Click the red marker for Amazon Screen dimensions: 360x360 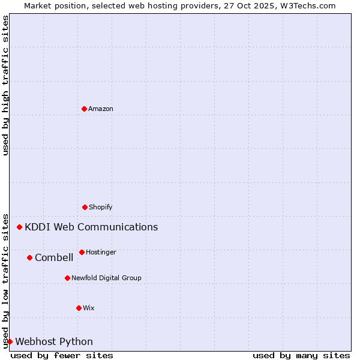84,109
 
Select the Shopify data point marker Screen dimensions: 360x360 85,207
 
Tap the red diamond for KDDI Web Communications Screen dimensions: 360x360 20,227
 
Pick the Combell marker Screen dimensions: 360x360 29,257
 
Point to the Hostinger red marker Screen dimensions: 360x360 82,252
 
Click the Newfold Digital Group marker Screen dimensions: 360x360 67,278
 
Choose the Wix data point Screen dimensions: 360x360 79,308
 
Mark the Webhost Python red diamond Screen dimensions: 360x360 10,341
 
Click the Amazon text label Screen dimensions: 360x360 101,109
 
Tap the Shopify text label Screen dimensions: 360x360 101,207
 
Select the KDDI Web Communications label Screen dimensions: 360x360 91,227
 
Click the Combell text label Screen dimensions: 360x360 54,257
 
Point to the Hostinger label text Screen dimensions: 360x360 101,252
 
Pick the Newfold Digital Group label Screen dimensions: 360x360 106,278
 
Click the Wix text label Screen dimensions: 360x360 89,308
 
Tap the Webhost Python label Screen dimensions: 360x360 54,341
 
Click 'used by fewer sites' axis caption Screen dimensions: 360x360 62,355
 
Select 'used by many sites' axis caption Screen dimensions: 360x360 301,355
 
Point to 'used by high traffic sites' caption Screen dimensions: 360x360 5,85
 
